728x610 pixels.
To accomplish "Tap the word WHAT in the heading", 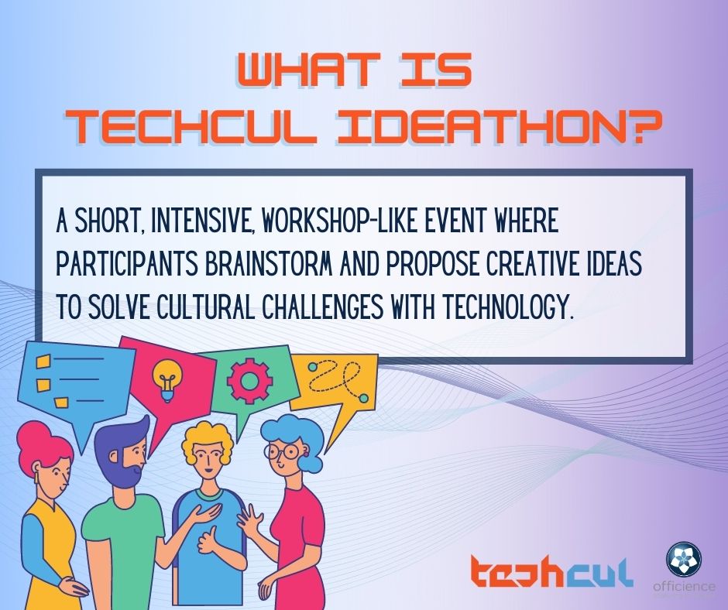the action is [308, 70].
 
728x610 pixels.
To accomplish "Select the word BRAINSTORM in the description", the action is [268, 263].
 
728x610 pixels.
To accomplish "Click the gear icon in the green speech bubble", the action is [250, 381].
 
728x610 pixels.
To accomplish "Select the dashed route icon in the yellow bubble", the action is [337, 381].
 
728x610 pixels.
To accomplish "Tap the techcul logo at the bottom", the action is [551, 571].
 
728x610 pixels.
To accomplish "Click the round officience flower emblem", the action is [684, 559].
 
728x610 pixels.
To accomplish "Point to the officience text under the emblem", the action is [684, 586].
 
